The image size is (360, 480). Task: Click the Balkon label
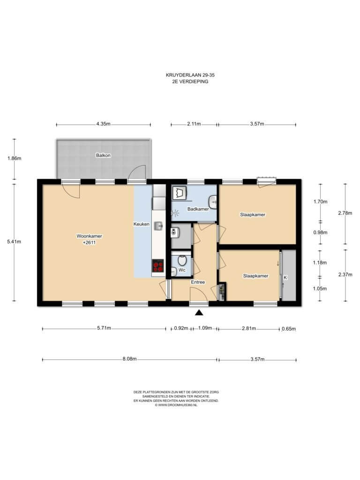tap(103, 156)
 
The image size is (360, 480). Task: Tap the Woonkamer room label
tap(89, 236)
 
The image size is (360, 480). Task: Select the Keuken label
tap(142, 224)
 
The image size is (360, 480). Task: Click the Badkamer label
tap(198, 209)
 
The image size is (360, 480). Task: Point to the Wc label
tap(182, 270)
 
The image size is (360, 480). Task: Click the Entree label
tap(198, 282)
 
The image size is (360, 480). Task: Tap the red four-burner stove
tap(158, 265)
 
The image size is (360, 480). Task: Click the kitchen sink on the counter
tap(158, 226)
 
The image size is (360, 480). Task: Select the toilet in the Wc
tap(182, 260)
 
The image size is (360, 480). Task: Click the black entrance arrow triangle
tap(199, 312)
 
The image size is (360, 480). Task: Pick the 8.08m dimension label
tap(129, 359)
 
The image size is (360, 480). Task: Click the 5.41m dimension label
tap(14, 242)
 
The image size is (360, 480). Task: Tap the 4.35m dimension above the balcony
tap(103, 124)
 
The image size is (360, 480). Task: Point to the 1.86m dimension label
tap(15, 158)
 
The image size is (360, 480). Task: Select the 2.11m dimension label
tap(194, 124)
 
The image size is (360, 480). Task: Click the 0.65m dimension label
tap(289, 329)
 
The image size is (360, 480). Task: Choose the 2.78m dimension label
tap(345, 213)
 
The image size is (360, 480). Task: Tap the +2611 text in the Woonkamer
tap(89, 242)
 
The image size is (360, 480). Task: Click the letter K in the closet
tap(285, 277)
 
